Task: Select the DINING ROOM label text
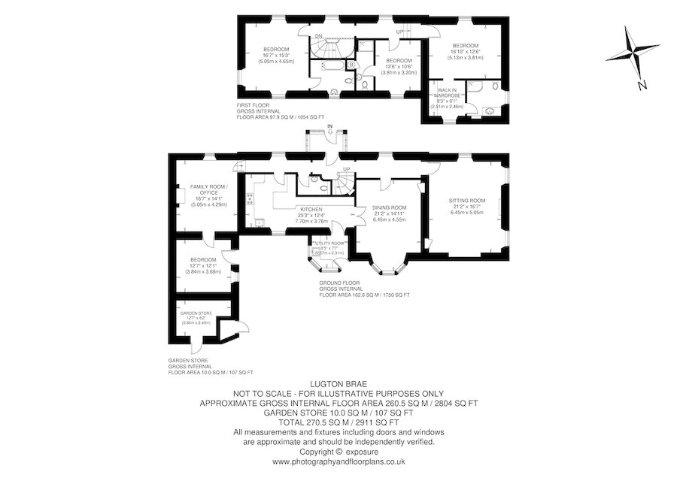(x=390, y=207)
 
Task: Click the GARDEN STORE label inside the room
(x=195, y=313)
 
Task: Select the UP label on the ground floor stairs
(x=346, y=169)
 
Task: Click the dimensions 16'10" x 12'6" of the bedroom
(x=464, y=51)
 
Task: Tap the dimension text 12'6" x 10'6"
(x=398, y=67)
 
